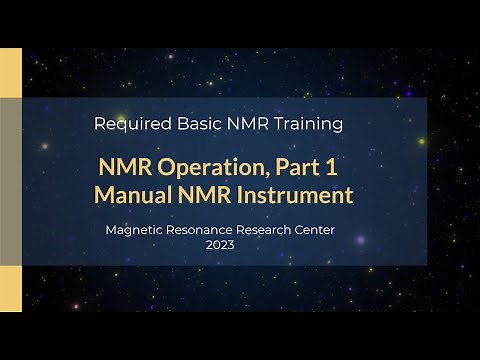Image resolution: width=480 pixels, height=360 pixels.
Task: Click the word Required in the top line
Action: pos(129,125)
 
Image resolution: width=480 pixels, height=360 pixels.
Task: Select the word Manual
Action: pos(133,194)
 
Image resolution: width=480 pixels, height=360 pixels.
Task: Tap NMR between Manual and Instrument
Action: pos(207,194)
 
